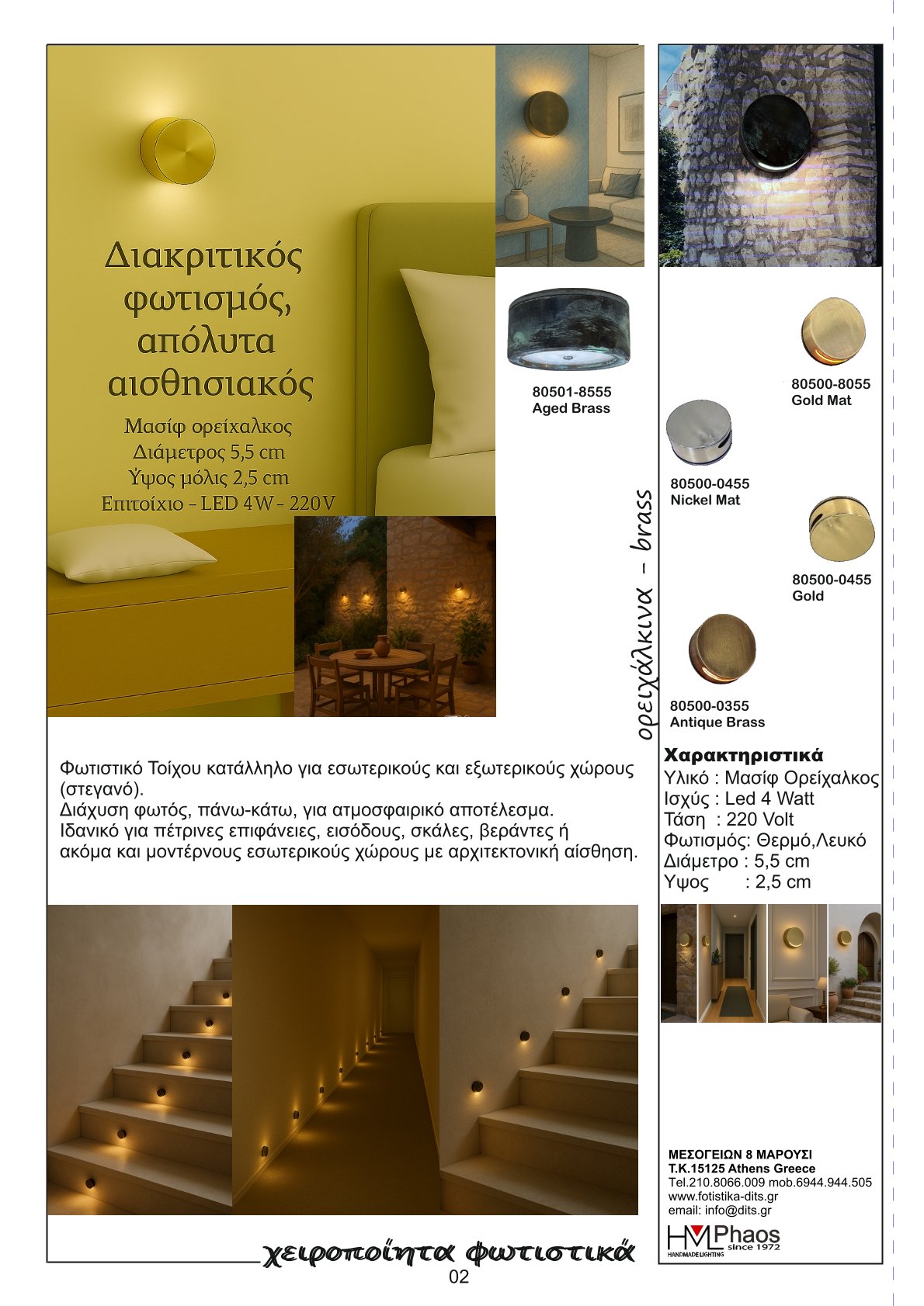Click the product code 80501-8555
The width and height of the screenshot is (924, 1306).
pos(571,392)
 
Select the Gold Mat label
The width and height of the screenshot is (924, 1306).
pos(821,400)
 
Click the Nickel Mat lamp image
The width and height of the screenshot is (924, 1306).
pos(699,433)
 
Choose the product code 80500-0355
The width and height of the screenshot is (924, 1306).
pos(709,705)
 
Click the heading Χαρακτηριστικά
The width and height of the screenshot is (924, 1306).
pos(743,755)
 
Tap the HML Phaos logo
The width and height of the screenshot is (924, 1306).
pos(723,1240)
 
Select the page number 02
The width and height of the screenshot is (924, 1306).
pos(459,1277)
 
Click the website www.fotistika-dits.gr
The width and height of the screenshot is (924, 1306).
pos(723,1197)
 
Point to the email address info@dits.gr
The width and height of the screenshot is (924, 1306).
pos(720,1211)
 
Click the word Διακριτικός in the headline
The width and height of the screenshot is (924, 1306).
pos(203,255)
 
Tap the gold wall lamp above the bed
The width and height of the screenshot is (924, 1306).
pos(177,151)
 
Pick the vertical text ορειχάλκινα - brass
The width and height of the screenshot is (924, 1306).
pos(643,613)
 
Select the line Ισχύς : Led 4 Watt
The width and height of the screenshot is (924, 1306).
pos(738,798)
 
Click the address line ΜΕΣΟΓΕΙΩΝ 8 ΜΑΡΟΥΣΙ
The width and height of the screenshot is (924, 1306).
pos(740,1155)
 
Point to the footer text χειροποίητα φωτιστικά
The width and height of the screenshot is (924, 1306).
pos(449,1252)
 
